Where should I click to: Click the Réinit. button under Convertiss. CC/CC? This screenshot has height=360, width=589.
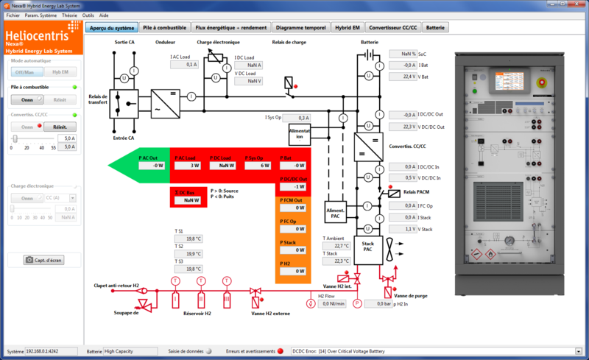(60, 127)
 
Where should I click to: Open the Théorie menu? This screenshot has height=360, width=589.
(68, 15)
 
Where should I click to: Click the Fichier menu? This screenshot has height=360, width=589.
(13, 15)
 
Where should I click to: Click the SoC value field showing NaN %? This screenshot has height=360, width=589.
(403, 54)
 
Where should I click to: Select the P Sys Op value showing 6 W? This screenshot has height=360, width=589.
(258, 166)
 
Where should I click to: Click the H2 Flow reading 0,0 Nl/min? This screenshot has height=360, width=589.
(332, 303)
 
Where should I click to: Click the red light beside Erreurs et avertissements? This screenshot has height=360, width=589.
(281, 351)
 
